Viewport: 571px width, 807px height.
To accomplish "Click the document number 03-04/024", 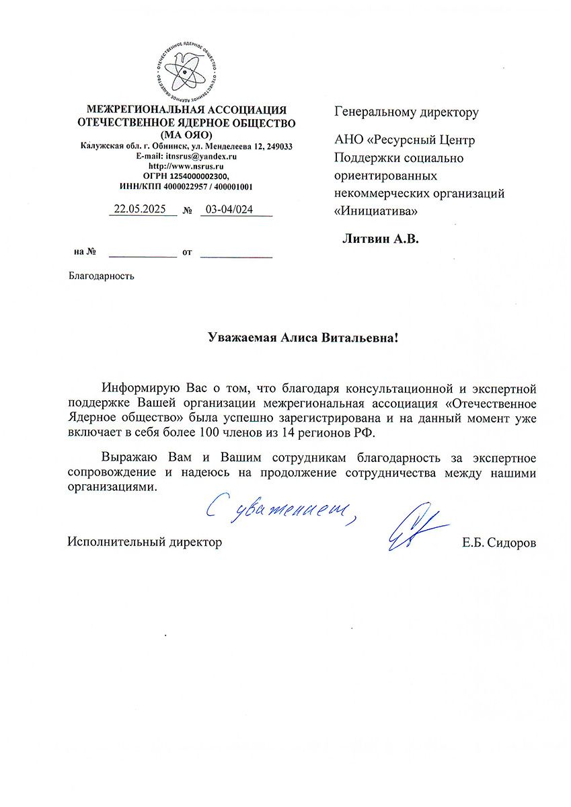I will [229, 209].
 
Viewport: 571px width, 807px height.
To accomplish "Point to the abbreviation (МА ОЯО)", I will [186, 134].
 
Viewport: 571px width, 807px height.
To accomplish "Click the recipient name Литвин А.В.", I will [380, 238].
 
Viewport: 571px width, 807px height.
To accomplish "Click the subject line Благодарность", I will [101, 276].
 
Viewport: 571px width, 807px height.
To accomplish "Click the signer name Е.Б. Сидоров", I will [499, 542].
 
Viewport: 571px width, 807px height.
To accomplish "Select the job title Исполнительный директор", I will [145, 542].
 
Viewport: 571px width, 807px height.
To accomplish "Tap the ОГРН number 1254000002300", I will [202, 176].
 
